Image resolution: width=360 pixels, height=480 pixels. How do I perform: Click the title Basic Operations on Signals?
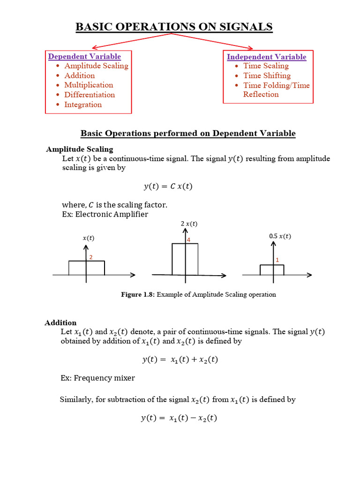(x=174, y=27)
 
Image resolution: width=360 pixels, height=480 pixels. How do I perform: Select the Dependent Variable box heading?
(x=84, y=57)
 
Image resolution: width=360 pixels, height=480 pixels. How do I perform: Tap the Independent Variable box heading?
(x=266, y=57)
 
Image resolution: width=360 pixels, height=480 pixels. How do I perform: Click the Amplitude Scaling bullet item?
(x=96, y=66)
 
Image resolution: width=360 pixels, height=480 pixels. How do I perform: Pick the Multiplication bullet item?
(x=89, y=85)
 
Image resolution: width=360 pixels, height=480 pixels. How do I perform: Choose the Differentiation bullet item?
(x=90, y=95)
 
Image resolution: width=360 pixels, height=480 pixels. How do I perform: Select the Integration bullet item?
(x=83, y=105)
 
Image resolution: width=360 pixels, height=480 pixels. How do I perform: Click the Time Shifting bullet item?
(x=267, y=75)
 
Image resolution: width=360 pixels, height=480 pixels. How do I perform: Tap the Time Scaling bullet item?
(x=266, y=66)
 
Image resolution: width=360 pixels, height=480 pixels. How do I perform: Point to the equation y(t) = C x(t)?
(x=168, y=187)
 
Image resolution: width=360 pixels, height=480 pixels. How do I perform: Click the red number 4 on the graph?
(x=188, y=240)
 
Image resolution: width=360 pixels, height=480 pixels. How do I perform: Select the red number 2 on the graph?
(x=90, y=257)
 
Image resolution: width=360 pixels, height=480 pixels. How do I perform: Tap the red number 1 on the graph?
(x=277, y=260)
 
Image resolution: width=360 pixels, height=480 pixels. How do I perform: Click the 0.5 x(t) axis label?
(x=280, y=236)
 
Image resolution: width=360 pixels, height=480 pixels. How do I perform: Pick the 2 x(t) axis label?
(x=189, y=224)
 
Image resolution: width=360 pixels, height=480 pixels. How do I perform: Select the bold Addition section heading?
(x=60, y=322)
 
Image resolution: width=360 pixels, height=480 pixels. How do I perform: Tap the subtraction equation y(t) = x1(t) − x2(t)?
(x=179, y=418)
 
